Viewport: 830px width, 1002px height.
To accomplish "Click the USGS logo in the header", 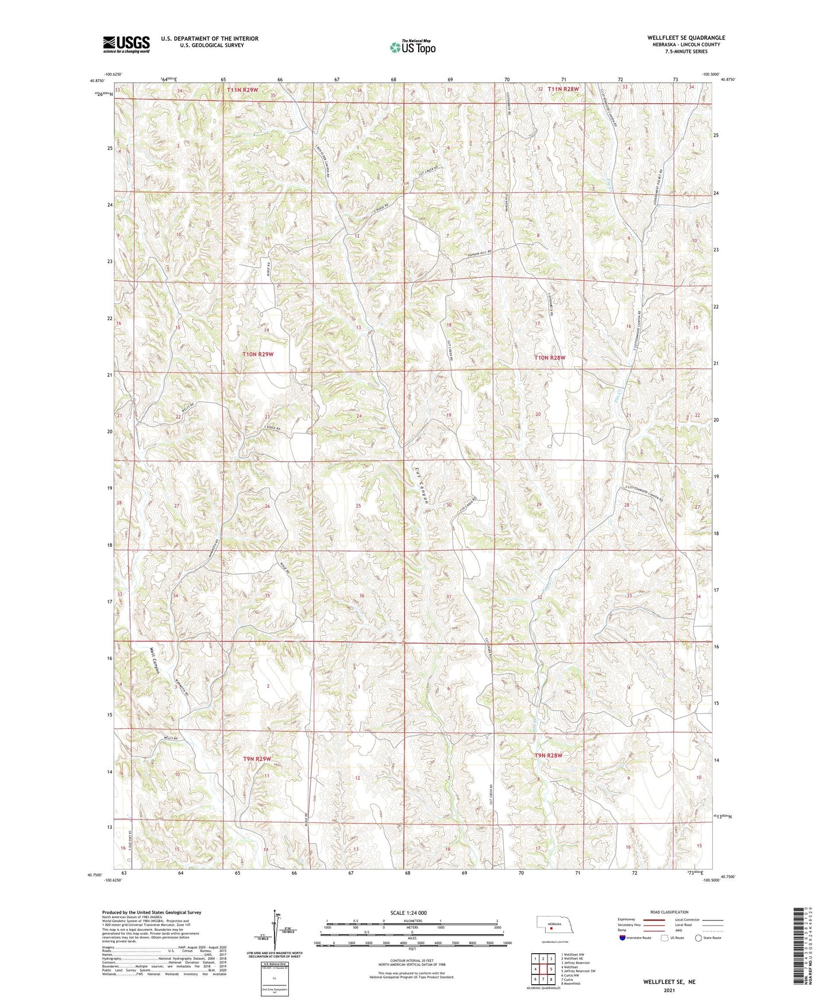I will [x=126, y=44].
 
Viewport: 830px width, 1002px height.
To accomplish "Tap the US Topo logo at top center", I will [x=412, y=47].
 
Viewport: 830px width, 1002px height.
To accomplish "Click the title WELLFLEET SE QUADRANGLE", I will [x=686, y=38].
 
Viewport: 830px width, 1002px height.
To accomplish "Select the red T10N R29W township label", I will [x=258, y=355].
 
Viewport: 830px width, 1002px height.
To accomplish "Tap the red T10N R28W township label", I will [x=550, y=358].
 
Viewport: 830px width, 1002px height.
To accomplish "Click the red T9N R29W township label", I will [x=256, y=759].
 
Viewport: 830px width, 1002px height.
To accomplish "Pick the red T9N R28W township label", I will [x=548, y=756].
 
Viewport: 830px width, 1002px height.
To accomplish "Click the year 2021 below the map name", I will [x=669, y=991].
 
